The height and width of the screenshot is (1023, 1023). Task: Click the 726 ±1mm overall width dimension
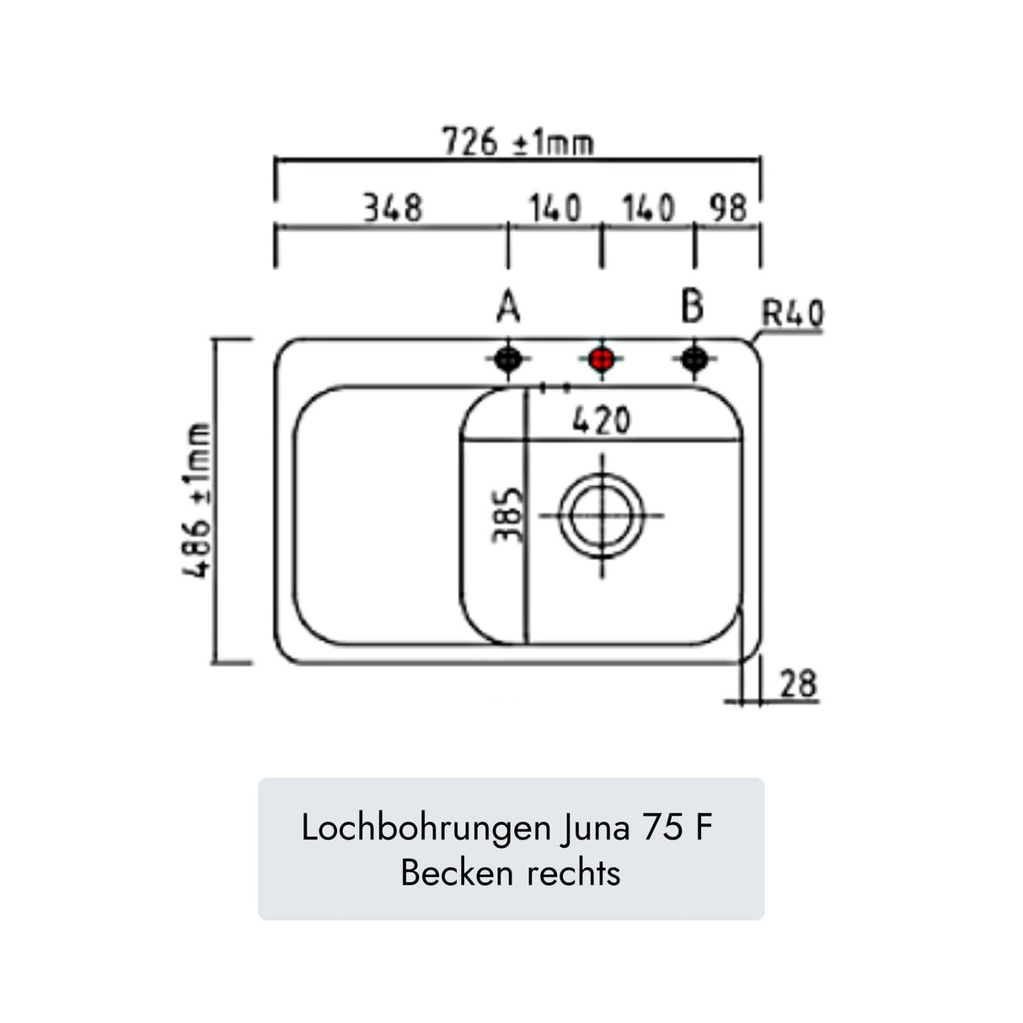coord(518,142)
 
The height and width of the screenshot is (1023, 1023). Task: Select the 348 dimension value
coord(392,207)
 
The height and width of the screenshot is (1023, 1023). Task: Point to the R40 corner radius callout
coord(792,314)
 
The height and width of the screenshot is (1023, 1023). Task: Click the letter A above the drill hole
coord(508,308)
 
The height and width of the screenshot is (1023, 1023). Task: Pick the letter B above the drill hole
coord(693,307)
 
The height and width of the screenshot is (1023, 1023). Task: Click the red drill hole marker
coord(601,360)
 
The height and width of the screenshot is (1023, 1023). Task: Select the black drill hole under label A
coord(508,360)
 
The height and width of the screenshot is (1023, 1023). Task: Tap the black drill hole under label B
coord(694,360)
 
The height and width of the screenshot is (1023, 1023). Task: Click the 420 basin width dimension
coord(601,420)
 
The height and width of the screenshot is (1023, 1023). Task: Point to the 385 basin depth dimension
coord(508,515)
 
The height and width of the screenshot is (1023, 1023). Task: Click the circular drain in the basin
coord(602,515)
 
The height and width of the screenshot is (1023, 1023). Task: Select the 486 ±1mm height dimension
coord(199,501)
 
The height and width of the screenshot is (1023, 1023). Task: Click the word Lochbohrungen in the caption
coord(426,828)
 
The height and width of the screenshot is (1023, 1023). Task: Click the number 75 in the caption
coord(663,828)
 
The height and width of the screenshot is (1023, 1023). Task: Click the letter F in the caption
coord(704,828)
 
